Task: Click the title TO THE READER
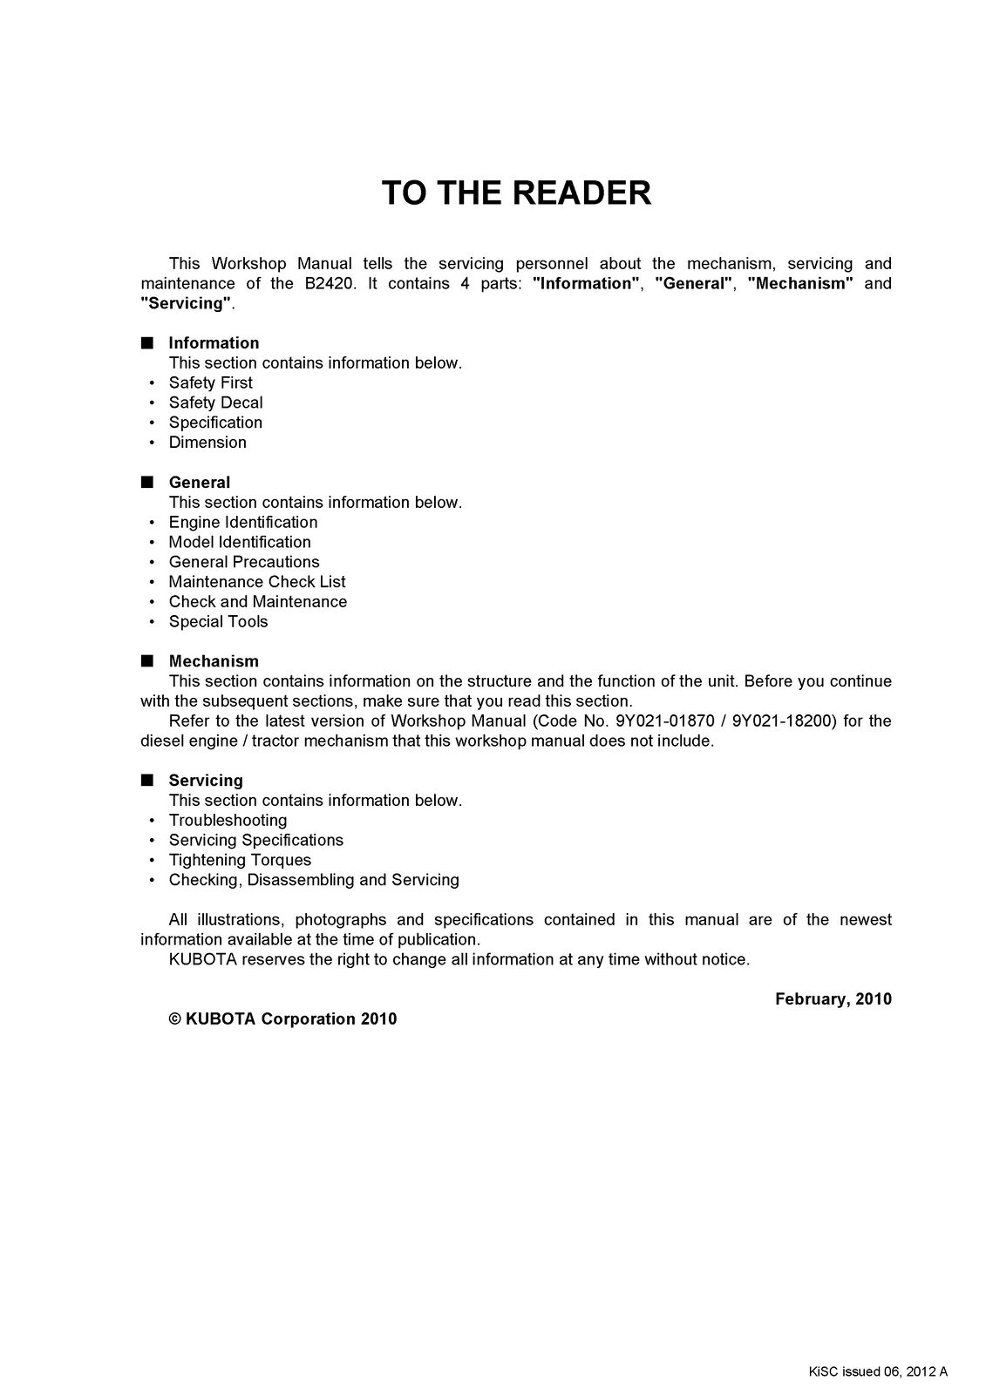click(516, 193)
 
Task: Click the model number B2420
click(329, 283)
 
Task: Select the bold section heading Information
click(214, 343)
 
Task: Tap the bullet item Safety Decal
click(215, 403)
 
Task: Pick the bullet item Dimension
click(207, 443)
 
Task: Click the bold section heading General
click(200, 483)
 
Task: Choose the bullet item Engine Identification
click(243, 522)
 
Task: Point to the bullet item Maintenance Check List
click(257, 582)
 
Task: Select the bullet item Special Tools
click(218, 621)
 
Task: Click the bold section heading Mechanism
click(214, 661)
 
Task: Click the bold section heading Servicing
click(206, 781)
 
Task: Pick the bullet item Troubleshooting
click(228, 821)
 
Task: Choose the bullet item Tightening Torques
click(240, 860)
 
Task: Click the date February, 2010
click(833, 999)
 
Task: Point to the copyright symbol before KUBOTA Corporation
click(175, 1019)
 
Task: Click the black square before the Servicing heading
click(146, 780)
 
